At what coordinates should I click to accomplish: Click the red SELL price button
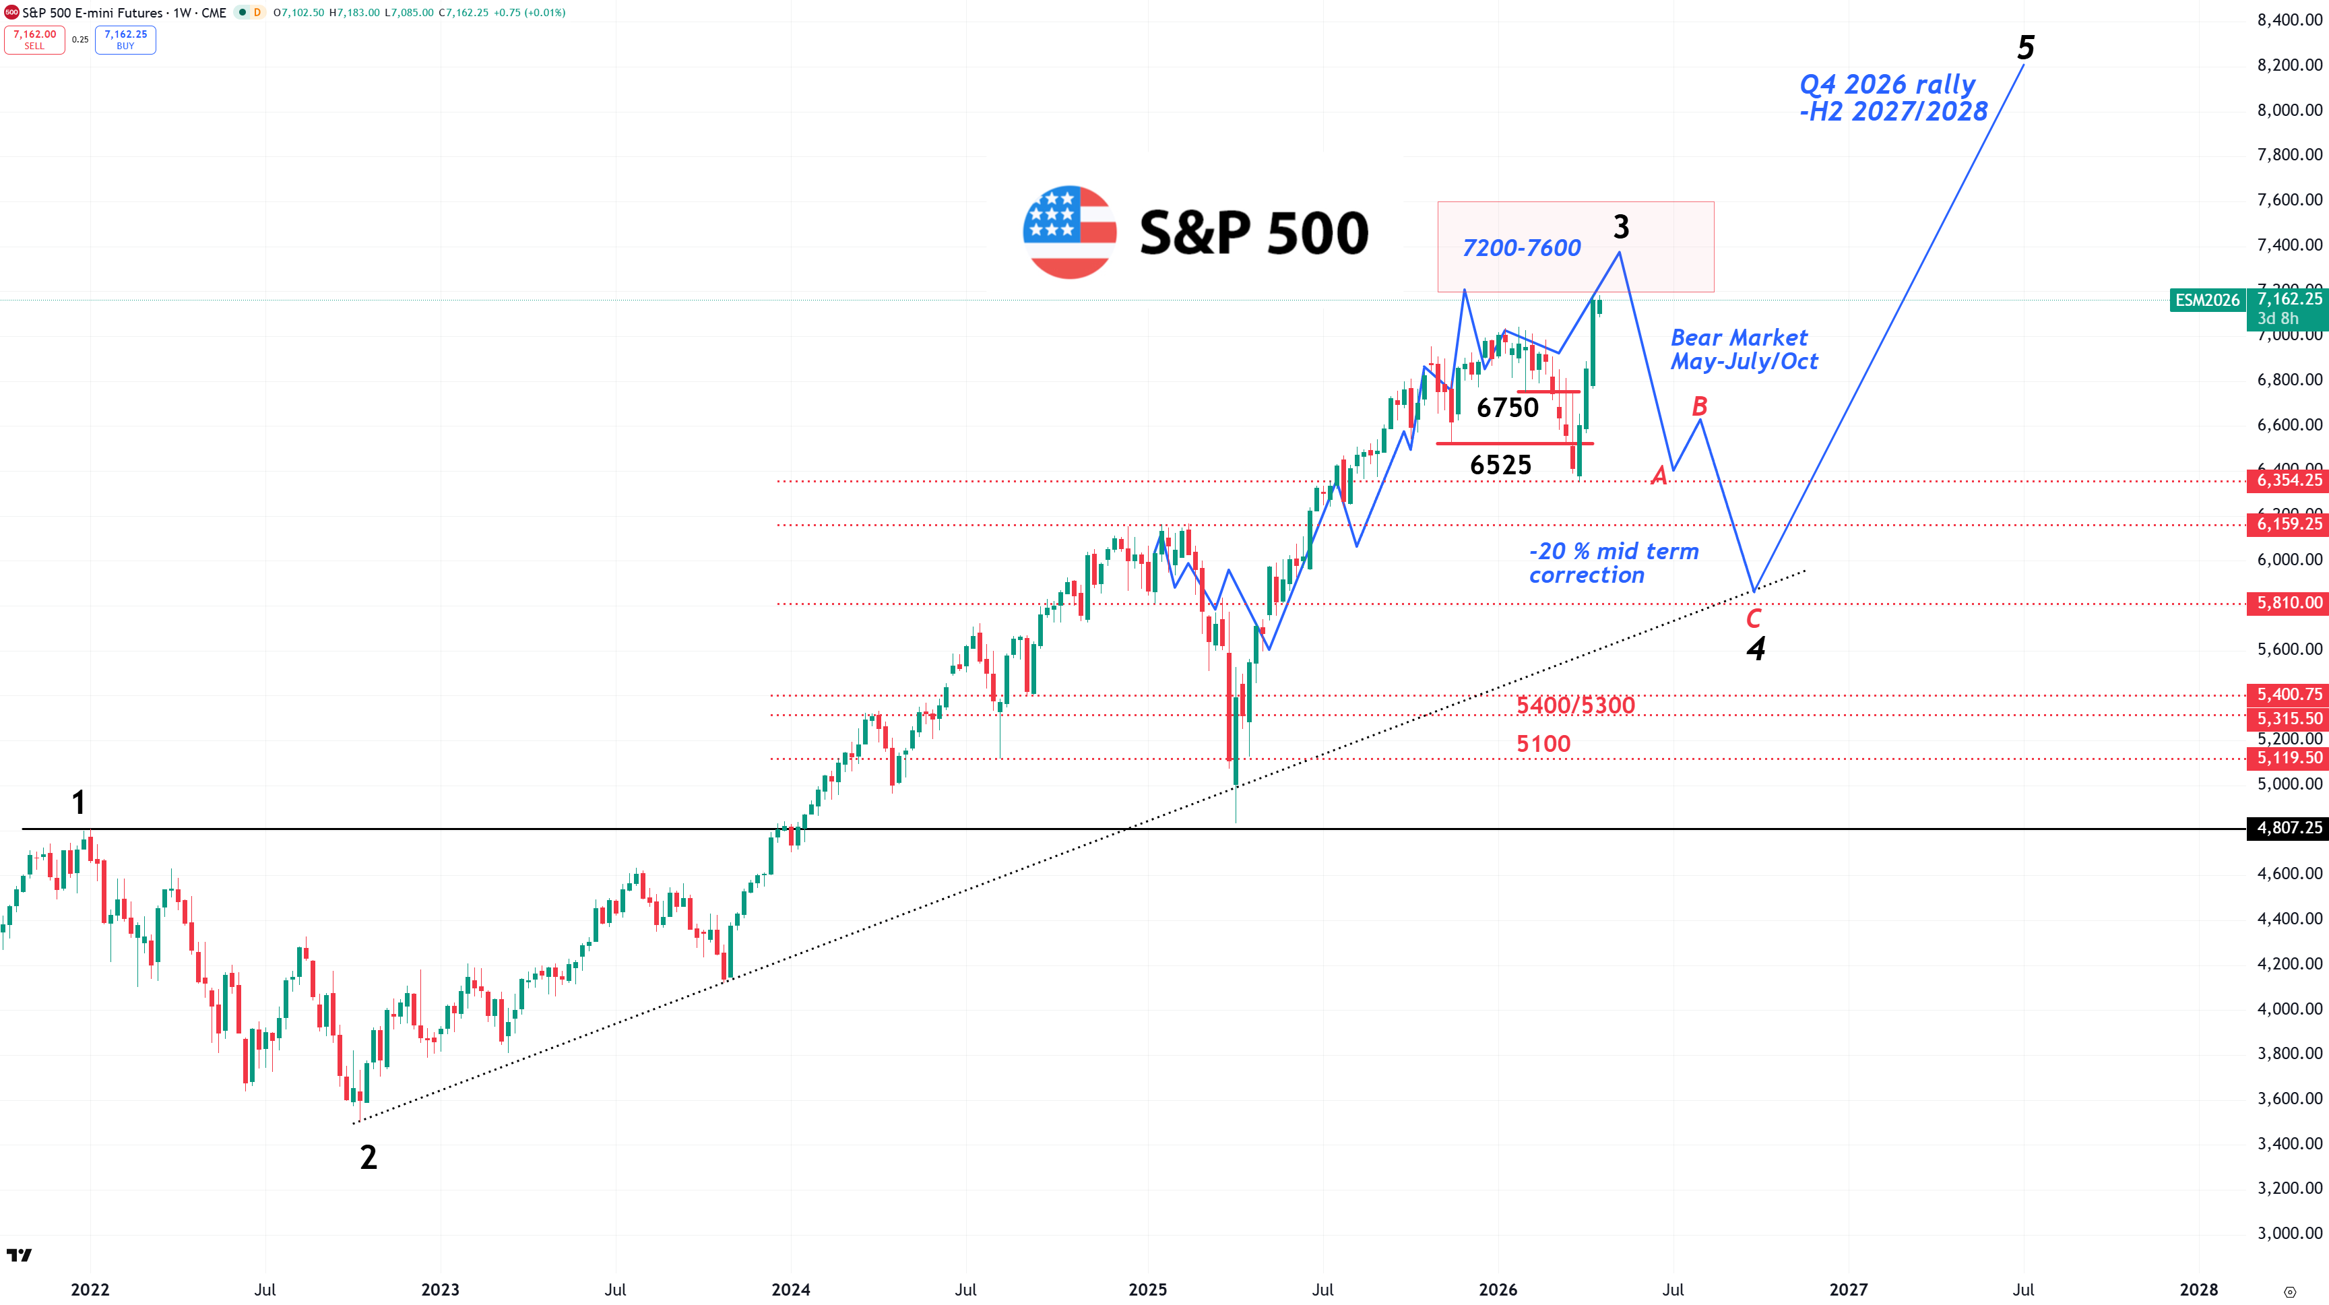[34, 40]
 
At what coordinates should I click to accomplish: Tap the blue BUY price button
[126, 40]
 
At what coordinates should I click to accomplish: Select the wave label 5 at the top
[2025, 48]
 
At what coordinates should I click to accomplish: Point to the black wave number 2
[368, 1157]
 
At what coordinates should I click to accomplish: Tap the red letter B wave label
[1699, 406]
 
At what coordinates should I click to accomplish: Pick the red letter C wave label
[1753, 618]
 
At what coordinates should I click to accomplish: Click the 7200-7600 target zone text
[1522, 248]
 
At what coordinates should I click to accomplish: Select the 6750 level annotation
[1507, 408]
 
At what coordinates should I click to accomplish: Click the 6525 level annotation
[1501, 465]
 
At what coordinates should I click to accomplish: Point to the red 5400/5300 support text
[1575, 705]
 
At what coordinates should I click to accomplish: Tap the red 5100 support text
[1543, 743]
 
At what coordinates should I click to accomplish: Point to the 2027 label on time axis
[1848, 1290]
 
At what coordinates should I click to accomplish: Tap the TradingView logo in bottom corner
[19, 1254]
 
